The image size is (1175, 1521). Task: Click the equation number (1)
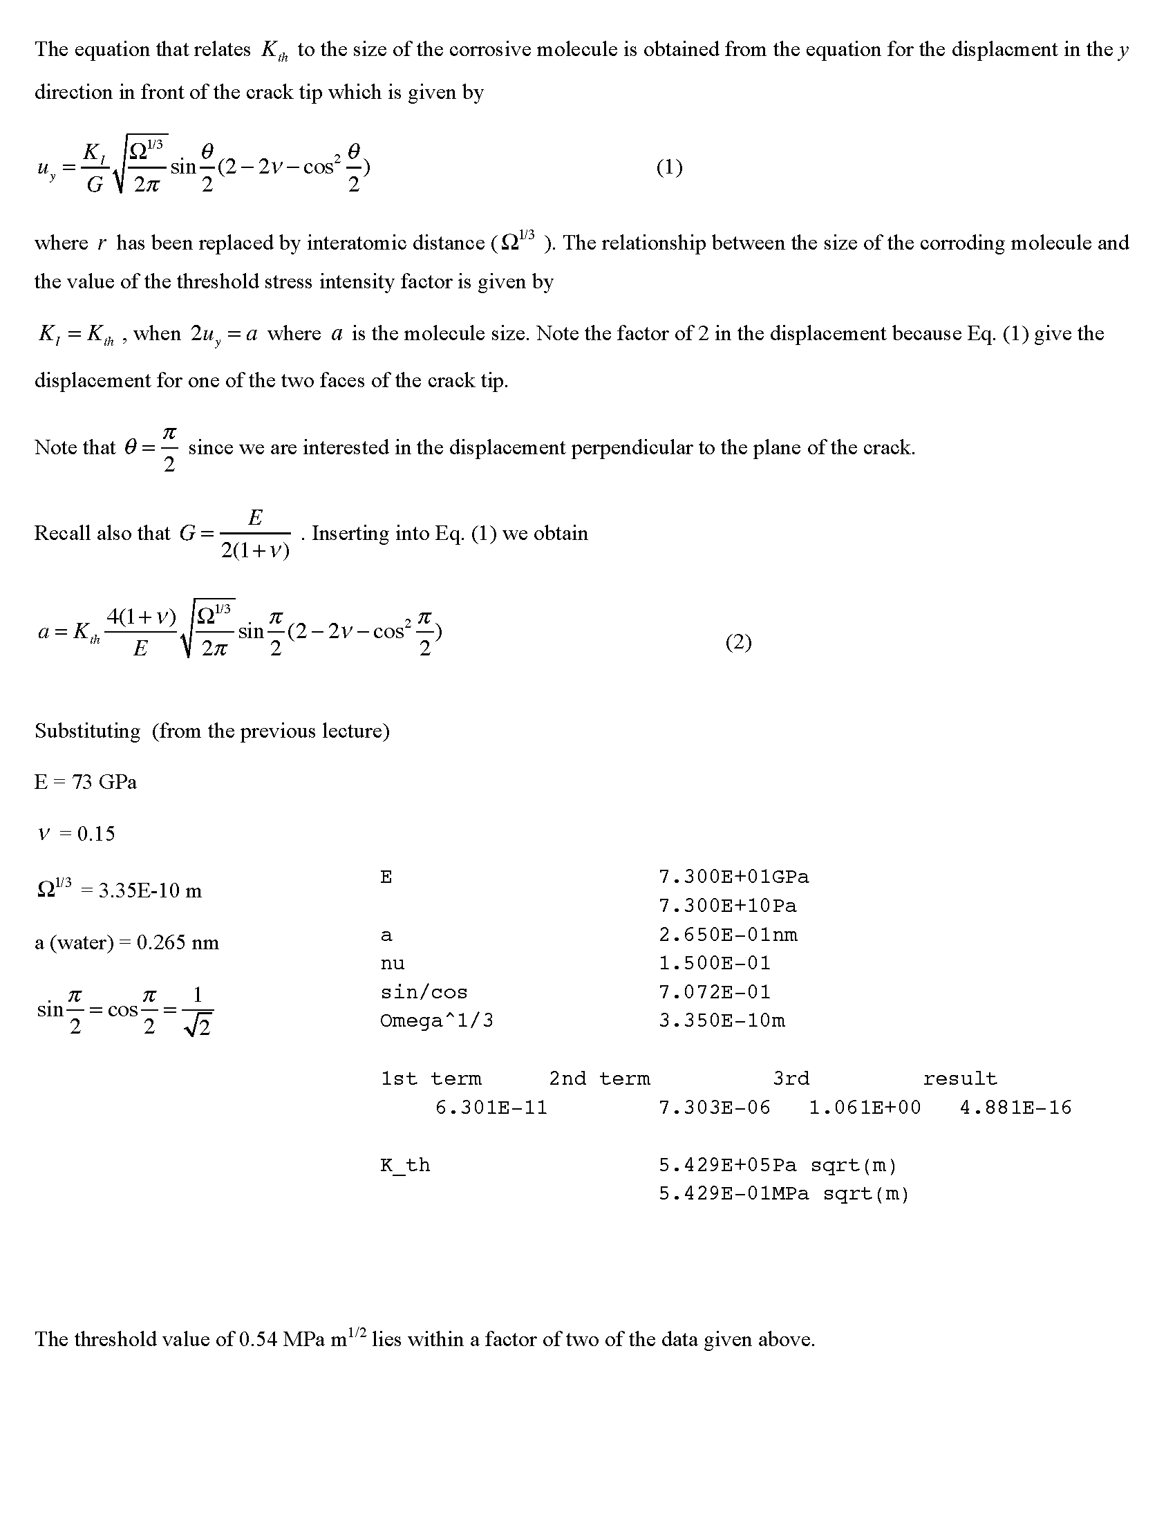click(x=669, y=167)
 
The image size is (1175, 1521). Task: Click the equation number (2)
click(x=738, y=642)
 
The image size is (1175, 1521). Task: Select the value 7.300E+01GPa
click(x=733, y=877)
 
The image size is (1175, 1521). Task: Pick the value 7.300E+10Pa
click(x=727, y=906)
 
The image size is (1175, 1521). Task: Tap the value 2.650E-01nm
click(x=727, y=935)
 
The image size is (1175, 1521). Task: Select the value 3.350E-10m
click(x=721, y=1020)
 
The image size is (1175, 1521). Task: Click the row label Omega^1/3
click(x=436, y=1020)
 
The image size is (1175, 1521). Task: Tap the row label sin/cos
click(x=424, y=991)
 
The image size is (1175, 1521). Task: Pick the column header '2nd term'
click(x=599, y=1079)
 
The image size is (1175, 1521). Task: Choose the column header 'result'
click(x=960, y=1079)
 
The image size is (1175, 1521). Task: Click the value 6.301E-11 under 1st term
click(x=491, y=1108)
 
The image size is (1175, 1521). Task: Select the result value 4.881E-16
click(x=1015, y=1108)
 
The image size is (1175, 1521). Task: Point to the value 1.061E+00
click(x=865, y=1108)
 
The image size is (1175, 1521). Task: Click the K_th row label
click(x=405, y=1165)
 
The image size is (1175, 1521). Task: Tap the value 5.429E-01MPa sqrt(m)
click(x=784, y=1194)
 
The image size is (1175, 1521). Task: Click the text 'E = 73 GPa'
click(x=86, y=782)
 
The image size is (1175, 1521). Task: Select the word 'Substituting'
click(x=88, y=731)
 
